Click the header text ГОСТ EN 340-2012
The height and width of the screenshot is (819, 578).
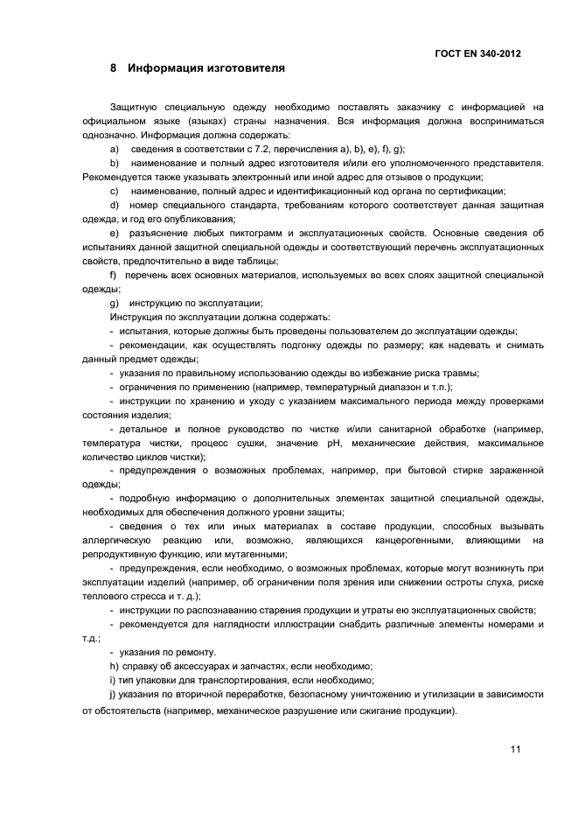tap(477, 53)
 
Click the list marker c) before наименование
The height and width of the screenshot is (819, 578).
tap(114, 191)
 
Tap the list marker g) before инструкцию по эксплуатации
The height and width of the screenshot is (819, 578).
tap(114, 303)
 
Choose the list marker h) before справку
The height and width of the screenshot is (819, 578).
tap(114, 667)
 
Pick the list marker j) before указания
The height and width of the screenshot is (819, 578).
tap(113, 694)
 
